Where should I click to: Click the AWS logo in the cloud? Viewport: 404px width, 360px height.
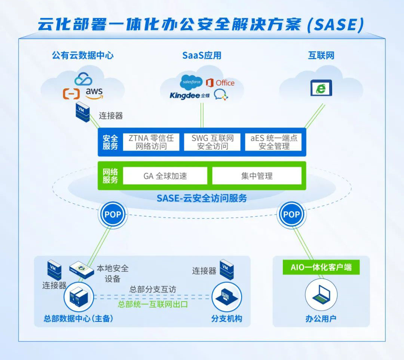(x=94, y=93)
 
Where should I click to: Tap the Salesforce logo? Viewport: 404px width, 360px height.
(x=191, y=82)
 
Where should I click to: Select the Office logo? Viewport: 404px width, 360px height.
(x=220, y=83)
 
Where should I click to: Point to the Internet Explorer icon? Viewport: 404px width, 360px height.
(x=321, y=88)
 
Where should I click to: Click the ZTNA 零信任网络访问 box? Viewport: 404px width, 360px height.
(x=151, y=142)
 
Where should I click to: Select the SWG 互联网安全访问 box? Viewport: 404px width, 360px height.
(x=212, y=142)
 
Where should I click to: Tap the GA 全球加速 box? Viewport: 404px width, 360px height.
(x=165, y=176)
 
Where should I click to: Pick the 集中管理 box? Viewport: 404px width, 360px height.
(x=257, y=176)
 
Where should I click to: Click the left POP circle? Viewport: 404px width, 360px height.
(x=112, y=215)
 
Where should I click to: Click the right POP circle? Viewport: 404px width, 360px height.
(x=291, y=215)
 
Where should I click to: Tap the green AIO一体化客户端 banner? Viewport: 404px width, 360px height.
(x=321, y=268)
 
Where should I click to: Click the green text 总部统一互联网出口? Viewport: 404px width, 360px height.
(x=153, y=304)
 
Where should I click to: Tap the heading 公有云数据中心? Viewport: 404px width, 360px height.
(x=83, y=56)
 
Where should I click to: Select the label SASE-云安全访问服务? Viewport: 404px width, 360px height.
(x=202, y=198)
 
